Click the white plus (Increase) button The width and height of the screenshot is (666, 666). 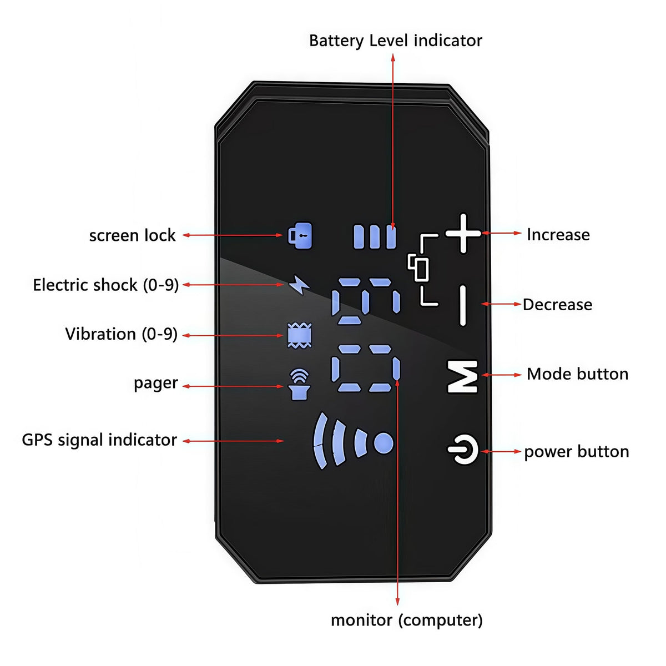click(463, 233)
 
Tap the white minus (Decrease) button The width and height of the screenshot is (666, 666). click(462, 305)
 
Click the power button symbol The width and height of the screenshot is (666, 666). click(463, 450)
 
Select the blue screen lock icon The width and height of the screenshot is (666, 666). click(300, 235)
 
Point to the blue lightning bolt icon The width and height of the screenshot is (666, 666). click(299, 285)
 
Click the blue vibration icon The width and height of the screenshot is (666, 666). click(300, 335)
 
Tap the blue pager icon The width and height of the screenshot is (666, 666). click(299, 384)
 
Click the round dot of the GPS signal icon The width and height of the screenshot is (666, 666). click(384, 443)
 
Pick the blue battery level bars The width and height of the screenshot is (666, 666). click(375, 237)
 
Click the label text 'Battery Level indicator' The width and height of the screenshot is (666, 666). click(395, 41)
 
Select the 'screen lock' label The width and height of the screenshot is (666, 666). click(133, 235)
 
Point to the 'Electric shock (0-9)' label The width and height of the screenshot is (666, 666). click(106, 285)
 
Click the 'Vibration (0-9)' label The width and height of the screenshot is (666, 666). click(122, 334)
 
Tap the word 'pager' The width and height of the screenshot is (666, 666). click(156, 384)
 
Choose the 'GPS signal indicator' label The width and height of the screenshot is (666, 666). click(99, 440)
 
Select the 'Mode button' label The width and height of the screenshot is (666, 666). click(578, 374)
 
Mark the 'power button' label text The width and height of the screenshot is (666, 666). click(577, 452)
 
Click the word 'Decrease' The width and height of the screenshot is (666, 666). click(557, 305)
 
